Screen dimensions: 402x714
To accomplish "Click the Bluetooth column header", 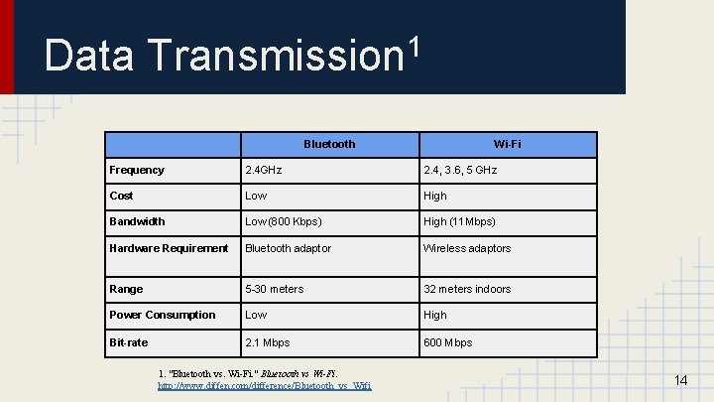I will coord(329,145).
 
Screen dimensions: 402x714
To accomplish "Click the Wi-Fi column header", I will coord(508,145).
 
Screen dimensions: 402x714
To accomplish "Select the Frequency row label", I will coord(137,171).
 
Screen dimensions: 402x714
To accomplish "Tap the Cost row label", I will coord(121,197).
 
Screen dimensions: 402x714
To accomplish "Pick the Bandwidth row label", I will coord(137,222).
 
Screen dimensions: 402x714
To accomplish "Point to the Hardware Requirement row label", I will coord(169,248).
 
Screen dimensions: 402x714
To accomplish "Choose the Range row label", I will coord(126,289).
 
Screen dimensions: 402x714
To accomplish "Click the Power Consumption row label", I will coord(162,315).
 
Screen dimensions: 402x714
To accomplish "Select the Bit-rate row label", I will coord(129,342).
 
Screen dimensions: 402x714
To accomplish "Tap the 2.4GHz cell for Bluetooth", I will coord(264,171).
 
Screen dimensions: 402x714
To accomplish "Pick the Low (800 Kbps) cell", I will coord(283,222).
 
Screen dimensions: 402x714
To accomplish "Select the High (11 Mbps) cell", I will coord(459,222).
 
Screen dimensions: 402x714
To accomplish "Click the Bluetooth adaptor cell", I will coord(289,248).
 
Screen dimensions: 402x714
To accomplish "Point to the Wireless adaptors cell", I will coord(467,248).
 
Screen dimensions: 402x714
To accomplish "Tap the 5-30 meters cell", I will coord(275,289).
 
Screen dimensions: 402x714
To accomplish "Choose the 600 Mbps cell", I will coord(448,342).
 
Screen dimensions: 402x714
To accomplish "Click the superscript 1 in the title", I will coord(415,46).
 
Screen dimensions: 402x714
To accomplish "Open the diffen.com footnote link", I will coord(265,385).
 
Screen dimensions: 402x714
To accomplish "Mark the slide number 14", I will coord(680,381).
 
